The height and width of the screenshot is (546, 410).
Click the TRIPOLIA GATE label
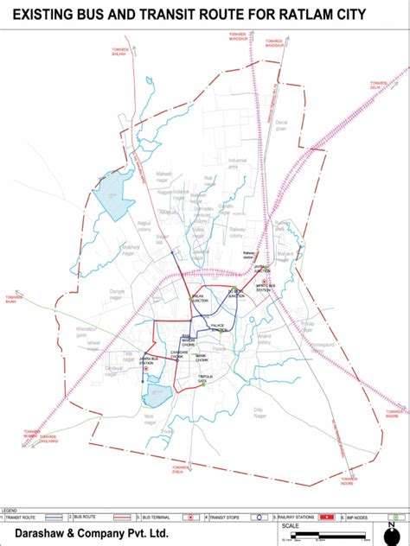pyautogui.click(x=205, y=378)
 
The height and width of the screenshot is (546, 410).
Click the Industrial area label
pyautogui.click(x=239, y=162)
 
